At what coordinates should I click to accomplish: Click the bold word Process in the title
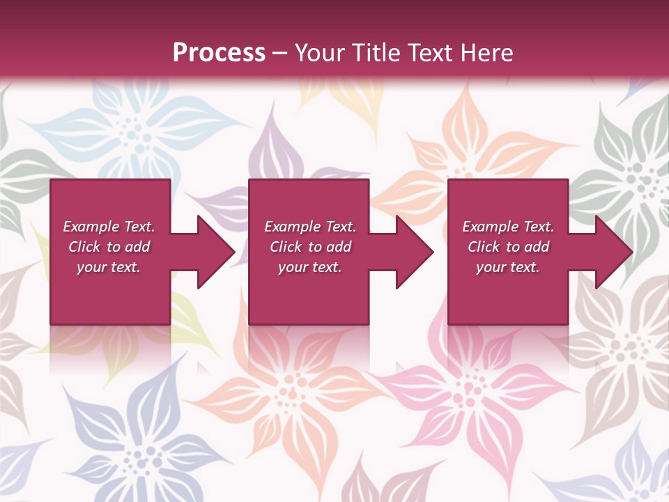click(x=219, y=53)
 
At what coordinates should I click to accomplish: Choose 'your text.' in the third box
click(x=508, y=267)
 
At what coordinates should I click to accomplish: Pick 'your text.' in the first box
click(x=109, y=267)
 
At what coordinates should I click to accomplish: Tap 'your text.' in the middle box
click(x=309, y=267)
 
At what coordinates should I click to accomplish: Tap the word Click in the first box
click(x=84, y=247)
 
